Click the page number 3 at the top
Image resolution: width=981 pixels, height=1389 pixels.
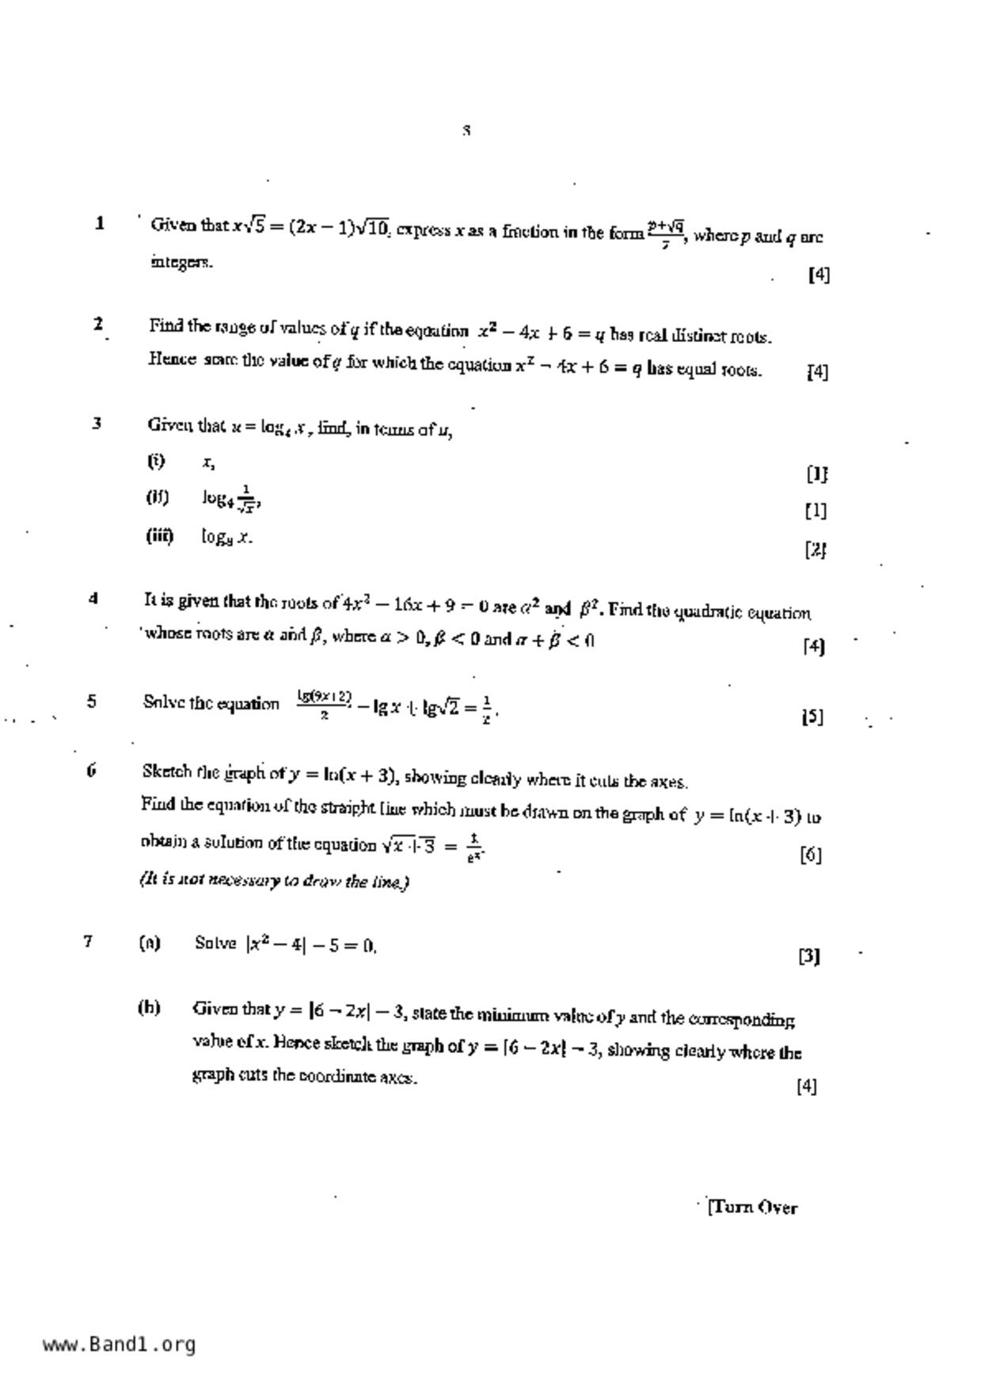467,131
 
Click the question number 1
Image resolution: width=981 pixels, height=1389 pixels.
100,223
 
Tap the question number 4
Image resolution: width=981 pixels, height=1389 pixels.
93,599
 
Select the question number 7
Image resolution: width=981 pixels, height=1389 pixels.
88,941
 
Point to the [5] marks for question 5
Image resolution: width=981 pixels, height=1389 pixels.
812,717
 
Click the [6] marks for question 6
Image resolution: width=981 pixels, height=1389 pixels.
811,854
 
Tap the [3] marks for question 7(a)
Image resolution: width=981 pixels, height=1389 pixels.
808,956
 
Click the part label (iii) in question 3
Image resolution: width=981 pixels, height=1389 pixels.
159,535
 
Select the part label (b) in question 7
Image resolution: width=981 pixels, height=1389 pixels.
149,1007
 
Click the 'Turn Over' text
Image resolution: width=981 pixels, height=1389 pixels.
753,1207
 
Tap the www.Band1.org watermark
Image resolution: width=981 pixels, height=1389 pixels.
119,1344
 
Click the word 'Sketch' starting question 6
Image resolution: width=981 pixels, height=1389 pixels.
167,771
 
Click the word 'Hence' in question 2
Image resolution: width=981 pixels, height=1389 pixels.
171,359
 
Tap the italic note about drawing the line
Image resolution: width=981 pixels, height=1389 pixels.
274,881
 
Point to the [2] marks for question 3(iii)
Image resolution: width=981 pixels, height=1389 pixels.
816,549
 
